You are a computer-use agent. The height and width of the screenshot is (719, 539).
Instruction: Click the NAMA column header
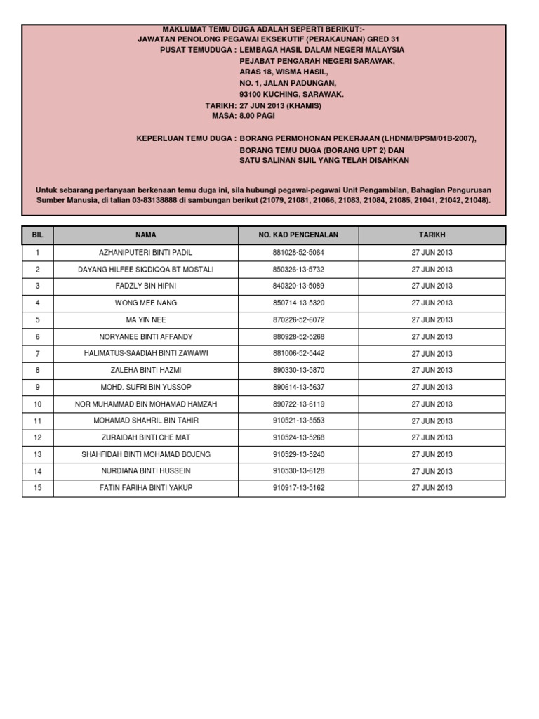[146, 235]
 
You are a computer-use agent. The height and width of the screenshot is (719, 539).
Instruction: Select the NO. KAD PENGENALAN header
[298, 235]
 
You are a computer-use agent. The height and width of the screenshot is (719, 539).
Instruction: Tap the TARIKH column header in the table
[432, 235]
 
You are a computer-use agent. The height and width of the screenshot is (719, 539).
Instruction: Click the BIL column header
[38, 235]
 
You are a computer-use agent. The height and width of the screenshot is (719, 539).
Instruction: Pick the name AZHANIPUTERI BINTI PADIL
[146, 252]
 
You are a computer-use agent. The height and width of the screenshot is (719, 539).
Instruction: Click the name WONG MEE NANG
[146, 303]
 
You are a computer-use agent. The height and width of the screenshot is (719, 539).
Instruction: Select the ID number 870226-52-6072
[298, 319]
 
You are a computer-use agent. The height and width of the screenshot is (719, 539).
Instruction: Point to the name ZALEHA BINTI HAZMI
[146, 370]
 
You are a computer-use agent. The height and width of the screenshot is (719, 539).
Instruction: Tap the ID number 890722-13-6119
[298, 404]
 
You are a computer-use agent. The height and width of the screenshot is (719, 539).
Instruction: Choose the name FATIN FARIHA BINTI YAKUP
[146, 487]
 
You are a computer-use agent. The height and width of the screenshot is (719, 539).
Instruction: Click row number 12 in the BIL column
[38, 437]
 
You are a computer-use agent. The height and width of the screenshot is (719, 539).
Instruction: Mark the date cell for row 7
[432, 353]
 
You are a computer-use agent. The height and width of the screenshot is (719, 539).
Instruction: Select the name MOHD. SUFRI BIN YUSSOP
[146, 387]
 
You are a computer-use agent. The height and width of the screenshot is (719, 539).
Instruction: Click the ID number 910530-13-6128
[298, 470]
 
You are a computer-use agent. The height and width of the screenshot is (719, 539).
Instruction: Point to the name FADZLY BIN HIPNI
[146, 286]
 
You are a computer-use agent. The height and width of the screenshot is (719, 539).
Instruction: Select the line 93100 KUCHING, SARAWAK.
[291, 93]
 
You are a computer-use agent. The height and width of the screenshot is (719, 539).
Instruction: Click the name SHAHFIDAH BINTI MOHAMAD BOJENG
[146, 454]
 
